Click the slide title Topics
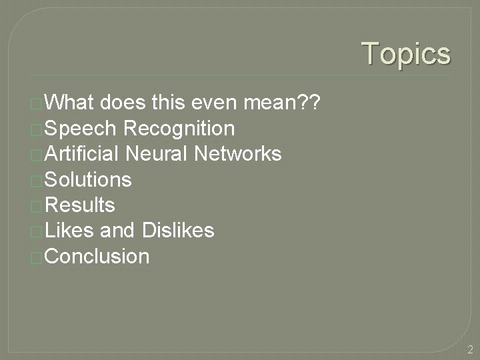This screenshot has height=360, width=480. pyautogui.click(x=406, y=54)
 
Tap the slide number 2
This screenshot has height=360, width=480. pyautogui.click(x=470, y=349)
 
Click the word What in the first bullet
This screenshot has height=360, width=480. pyautogui.click(x=70, y=103)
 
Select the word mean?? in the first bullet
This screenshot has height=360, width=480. pyautogui.click(x=283, y=103)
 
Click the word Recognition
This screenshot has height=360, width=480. pyautogui.click(x=179, y=128)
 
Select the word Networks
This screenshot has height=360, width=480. pyautogui.click(x=238, y=154)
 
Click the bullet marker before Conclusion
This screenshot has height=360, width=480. pyautogui.click(x=37, y=257)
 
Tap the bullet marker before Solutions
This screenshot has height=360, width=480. pyautogui.click(x=37, y=181)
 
